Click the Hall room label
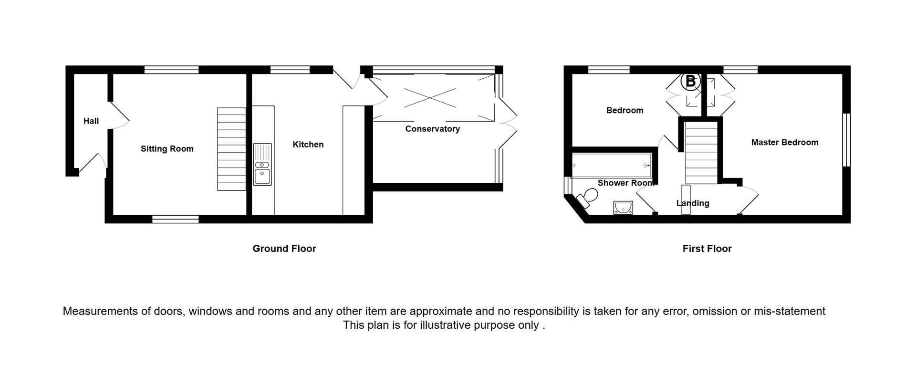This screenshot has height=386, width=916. [x=91, y=121]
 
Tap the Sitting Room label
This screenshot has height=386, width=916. [x=167, y=149]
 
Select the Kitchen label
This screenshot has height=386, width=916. [x=308, y=145]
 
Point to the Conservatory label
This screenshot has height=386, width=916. [x=432, y=129]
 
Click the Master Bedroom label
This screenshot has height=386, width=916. [x=784, y=142]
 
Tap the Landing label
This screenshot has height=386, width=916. [x=693, y=203]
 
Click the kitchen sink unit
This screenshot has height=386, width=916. [x=262, y=164]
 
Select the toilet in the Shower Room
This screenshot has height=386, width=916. [x=586, y=198]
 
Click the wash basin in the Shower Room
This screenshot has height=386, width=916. [x=623, y=208]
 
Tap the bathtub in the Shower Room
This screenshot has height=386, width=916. [x=612, y=165]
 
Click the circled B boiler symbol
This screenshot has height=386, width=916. [x=690, y=82]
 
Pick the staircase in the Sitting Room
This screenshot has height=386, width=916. [x=231, y=149]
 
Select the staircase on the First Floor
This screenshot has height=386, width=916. [x=701, y=152]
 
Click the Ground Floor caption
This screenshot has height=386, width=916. [x=284, y=249]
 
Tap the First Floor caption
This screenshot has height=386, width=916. [x=707, y=249]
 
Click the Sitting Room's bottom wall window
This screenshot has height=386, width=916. [x=175, y=219]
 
